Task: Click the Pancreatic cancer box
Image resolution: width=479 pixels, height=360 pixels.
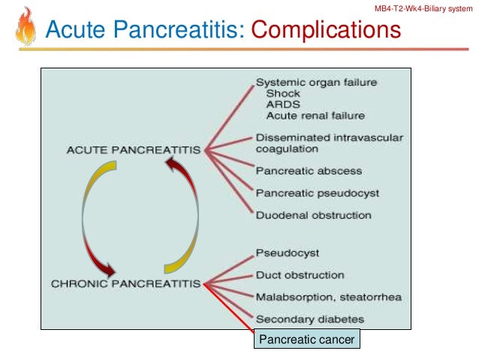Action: (307, 340)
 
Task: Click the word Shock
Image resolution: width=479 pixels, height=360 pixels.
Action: (282, 94)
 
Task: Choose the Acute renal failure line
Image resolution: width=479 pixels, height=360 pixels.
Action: (315, 116)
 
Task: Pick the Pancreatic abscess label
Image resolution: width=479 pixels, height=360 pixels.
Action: (309, 171)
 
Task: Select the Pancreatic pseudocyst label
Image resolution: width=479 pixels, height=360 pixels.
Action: (318, 193)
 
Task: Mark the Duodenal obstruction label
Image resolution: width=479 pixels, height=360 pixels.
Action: (313, 216)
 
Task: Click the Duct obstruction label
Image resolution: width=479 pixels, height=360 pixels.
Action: (300, 275)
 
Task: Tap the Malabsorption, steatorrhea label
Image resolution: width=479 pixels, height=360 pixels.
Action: (328, 297)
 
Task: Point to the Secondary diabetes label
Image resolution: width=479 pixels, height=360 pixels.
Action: (310, 319)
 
